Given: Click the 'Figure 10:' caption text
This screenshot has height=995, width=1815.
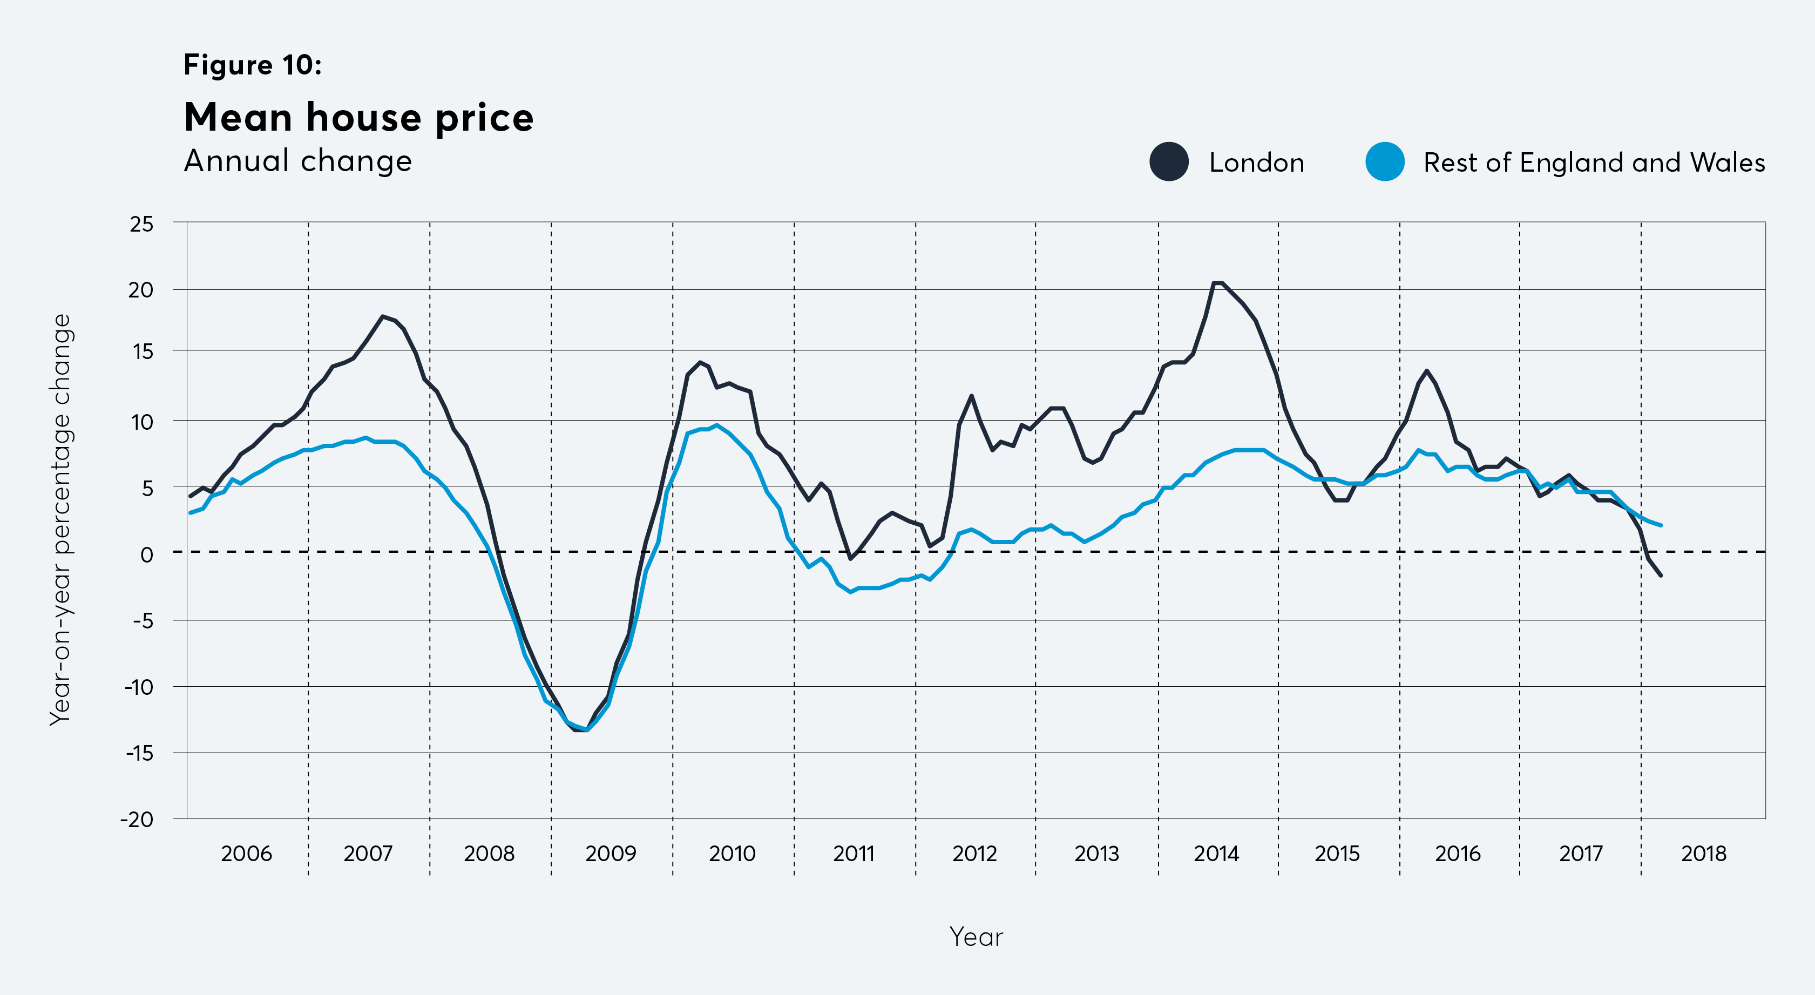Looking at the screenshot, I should (252, 65).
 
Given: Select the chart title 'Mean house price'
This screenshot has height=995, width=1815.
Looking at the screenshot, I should (358, 117).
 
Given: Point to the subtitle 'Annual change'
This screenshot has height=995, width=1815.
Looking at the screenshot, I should (297, 161).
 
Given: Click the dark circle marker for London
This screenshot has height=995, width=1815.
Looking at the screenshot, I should (1169, 162).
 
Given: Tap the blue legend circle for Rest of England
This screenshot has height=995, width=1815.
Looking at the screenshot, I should (1385, 162).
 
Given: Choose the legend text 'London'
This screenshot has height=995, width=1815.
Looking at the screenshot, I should (1256, 163).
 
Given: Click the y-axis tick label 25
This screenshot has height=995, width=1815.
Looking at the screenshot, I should (141, 224).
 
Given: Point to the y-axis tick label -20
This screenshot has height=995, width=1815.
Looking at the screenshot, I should (137, 820).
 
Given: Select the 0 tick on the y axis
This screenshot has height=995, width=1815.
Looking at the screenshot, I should (146, 554).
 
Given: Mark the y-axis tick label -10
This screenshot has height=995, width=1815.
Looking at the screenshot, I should (138, 687).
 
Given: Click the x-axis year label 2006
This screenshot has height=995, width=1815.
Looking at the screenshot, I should (246, 854).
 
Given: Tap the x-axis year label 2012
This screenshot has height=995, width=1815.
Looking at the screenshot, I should (974, 854).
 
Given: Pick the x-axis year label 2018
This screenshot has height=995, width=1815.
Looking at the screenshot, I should (1703, 854).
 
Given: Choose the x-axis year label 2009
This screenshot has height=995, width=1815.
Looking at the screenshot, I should (610, 854).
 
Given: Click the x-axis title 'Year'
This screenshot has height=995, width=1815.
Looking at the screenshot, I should (976, 937).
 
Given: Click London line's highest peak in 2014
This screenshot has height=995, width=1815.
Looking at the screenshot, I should (1217, 282).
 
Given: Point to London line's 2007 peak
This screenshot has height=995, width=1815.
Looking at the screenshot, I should (383, 316).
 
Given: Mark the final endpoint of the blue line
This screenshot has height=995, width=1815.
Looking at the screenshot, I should (1661, 525).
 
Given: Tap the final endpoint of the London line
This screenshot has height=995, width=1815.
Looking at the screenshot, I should (1661, 576).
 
